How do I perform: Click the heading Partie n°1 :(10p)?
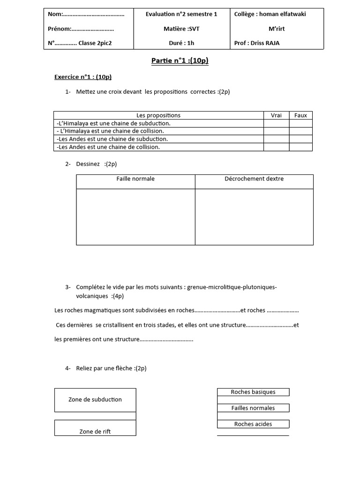tap(180, 60)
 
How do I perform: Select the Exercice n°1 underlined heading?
tap(83, 77)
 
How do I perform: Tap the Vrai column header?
tap(276, 115)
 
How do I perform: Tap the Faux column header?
tap(300, 115)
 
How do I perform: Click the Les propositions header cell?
tap(158, 115)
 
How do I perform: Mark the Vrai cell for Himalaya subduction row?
tap(276, 123)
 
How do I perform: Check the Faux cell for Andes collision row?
tap(300, 147)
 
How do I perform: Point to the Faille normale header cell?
tap(135, 179)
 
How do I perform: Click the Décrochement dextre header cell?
tap(254, 179)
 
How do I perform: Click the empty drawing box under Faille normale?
tap(135, 217)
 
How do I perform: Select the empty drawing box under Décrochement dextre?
tap(254, 217)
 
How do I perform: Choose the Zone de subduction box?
tap(95, 400)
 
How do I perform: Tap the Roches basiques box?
tap(253, 392)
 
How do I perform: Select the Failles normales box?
tap(253, 408)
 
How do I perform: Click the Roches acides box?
tap(253, 424)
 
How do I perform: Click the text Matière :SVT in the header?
tap(181, 29)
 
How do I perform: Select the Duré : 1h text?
tap(181, 44)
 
